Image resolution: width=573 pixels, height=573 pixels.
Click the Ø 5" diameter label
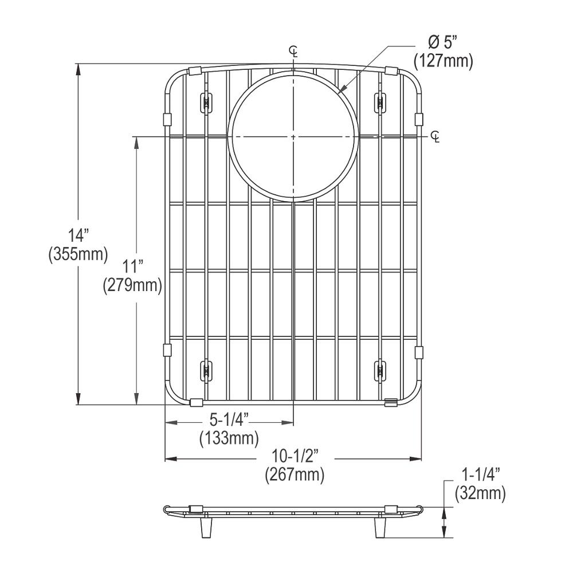(442, 44)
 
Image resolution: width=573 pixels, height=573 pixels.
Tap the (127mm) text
(444, 61)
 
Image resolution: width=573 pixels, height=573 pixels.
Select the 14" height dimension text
(77, 236)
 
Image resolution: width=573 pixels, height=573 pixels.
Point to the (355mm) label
(78, 254)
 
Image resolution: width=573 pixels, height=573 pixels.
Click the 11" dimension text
(132, 267)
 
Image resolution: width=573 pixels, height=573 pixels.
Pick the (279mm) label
(132, 285)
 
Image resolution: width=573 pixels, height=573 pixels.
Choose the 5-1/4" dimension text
(229, 420)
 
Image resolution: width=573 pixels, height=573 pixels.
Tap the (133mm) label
(229, 438)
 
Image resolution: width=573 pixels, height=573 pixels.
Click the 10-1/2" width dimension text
(295, 457)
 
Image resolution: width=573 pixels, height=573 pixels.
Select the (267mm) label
(295, 474)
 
